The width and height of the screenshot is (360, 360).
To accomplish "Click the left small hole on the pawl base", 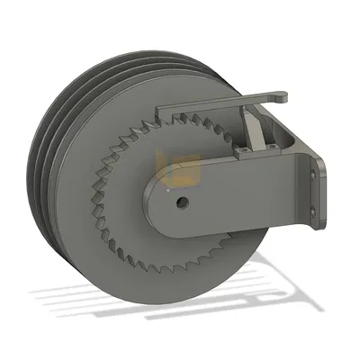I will click(242, 154).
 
